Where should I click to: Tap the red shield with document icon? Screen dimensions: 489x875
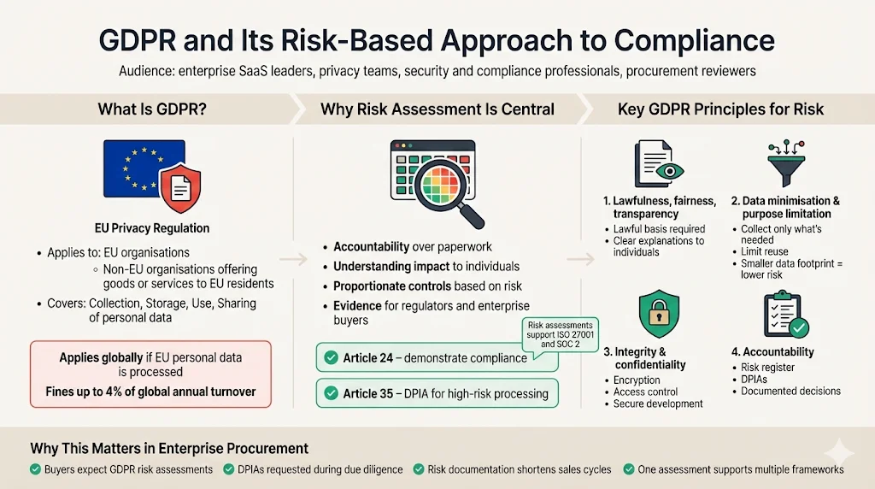pyautogui.click(x=181, y=190)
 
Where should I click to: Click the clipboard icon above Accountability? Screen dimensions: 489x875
pyautogui.click(x=784, y=315)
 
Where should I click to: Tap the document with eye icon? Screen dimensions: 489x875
pyautogui.click(x=658, y=165)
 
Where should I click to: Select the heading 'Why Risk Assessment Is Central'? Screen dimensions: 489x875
pyautogui.click(x=437, y=109)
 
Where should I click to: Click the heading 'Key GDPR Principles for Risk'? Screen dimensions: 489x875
pyautogui.click(x=720, y=109)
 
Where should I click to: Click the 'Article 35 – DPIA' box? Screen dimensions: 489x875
pyautogui.click(x=437, y=393)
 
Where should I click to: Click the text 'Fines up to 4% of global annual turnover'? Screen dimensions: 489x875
pyautogui.click(x=150, y=395)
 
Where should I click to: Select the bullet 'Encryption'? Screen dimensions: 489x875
pyautogui.click(x=637, y=380)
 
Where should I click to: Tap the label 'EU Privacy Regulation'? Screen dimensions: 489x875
pyautogui.click(x=151, y=228)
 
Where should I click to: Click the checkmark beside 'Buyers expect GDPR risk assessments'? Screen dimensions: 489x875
pyautogui.click(x=34, y=469)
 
